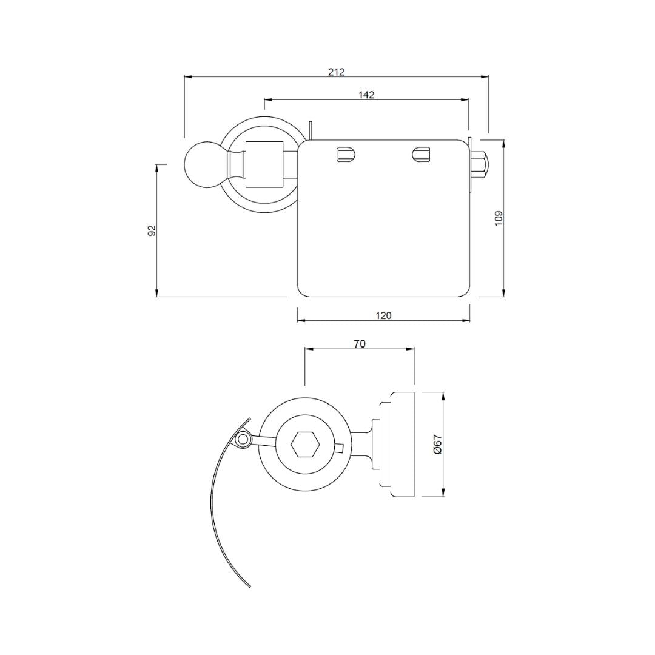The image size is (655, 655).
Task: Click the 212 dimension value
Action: click(336, 72)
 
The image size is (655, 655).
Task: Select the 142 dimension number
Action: click(366, 95)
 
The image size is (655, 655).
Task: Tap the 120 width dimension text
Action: click(383, 315)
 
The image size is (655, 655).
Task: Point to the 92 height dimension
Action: click(152, 230)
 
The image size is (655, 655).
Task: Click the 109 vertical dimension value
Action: click(499, 218)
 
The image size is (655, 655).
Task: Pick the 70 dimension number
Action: click(360, 344)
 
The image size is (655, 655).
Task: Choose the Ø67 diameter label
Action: click(437, 445)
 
